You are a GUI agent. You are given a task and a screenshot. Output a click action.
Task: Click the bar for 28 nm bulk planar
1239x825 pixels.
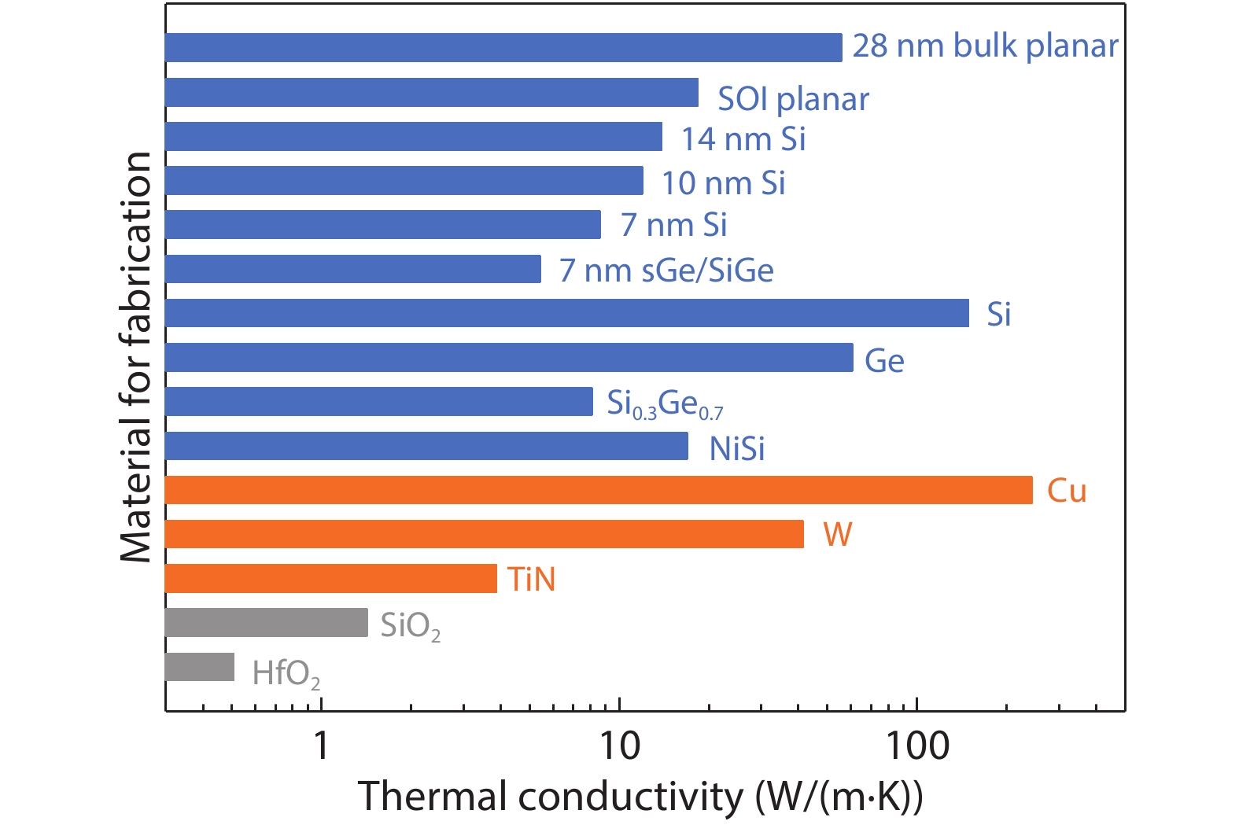[503, 47]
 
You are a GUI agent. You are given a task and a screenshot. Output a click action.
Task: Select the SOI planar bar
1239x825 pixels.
[432, 92]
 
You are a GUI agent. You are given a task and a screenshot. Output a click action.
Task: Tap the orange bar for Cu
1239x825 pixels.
[598, 490]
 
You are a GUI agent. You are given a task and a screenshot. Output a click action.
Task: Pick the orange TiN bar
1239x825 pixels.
[330, 578]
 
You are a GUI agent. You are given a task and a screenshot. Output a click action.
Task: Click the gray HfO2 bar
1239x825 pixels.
[200, 667]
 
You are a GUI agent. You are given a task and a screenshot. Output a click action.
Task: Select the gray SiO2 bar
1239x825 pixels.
[266, 622]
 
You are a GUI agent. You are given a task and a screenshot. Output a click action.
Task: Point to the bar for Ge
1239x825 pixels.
[509, 357]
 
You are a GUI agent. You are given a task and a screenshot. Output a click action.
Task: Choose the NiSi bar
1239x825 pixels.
[426, 446]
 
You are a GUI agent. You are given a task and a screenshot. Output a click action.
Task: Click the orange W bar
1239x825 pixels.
[484, 534]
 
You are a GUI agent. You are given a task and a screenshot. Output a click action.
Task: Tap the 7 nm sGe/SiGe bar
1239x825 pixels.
[353, 269]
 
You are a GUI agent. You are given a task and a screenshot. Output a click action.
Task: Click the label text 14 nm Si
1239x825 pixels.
[743, 139]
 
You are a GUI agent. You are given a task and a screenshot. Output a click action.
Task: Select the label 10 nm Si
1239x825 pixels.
[723, 183]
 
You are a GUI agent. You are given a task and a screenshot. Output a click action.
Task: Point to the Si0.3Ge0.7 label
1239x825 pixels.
[665, 404]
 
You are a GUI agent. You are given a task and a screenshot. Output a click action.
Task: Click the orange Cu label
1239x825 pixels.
[1067, 491]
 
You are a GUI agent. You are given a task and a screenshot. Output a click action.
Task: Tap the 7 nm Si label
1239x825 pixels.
[673, 226]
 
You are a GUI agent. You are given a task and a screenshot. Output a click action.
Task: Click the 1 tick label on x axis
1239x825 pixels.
[321, 745]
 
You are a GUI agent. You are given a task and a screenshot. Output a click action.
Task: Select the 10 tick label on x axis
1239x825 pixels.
[620, 745]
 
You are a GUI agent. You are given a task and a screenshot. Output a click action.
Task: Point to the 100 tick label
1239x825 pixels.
[917, 745]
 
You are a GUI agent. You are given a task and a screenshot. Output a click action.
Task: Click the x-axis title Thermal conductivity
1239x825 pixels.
[640, 797]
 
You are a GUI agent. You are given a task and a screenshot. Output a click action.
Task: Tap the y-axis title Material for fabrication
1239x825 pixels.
[136, 357]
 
